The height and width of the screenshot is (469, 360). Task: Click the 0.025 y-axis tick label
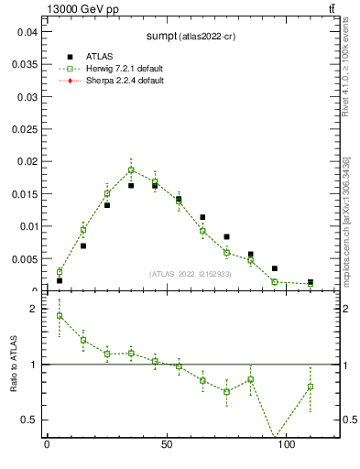coord(24,96)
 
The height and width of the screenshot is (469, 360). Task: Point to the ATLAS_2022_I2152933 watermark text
coord(191,274)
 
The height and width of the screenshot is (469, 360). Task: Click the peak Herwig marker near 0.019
coord(131,169)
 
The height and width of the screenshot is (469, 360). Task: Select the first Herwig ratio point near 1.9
coord(60,315)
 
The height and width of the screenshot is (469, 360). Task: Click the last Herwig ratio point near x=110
coord(310,387)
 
